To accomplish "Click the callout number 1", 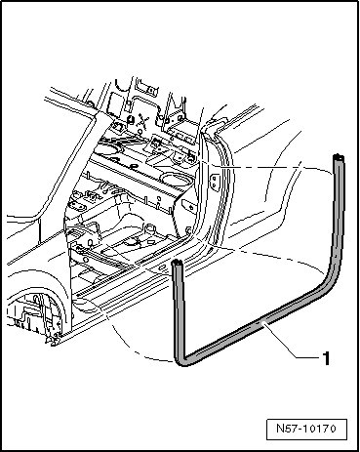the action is coord(326,358).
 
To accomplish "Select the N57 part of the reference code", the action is coord(285,429).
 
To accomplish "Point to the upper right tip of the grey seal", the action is coord(339,157).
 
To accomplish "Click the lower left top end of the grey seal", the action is coord(177,263).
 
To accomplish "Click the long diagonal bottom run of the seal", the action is coord(257,323).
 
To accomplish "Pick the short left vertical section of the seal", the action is coord(179,309).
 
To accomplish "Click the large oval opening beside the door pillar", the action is coord(173,179).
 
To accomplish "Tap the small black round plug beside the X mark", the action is coord(131,119).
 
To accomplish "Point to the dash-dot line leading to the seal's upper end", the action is coord(266,167).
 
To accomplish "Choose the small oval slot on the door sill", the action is coord(162,267).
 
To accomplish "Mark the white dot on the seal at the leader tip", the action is coord(264,323).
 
